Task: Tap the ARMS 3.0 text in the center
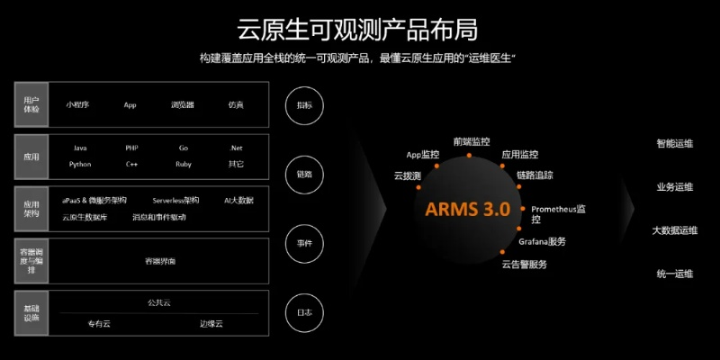[467, 209]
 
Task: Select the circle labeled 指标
[304, 105]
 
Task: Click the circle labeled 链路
[304, 174]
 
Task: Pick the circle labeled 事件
[304, 243]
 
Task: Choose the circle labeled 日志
[304, 312]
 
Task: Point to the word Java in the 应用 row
[80, 148]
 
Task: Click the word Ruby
[184, 165]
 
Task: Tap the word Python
[80, 165]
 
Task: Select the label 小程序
[77, 105]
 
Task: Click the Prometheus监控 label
[558, 213]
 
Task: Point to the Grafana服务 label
[542, 241]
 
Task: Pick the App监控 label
[423, 155]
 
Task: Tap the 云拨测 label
[408, 175]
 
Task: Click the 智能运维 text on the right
[675, 143]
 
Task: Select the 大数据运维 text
[675, 230]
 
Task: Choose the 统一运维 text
[675, 274]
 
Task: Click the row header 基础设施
[31, 312]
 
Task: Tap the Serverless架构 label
[175, 200]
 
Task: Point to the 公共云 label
[159, 302]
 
